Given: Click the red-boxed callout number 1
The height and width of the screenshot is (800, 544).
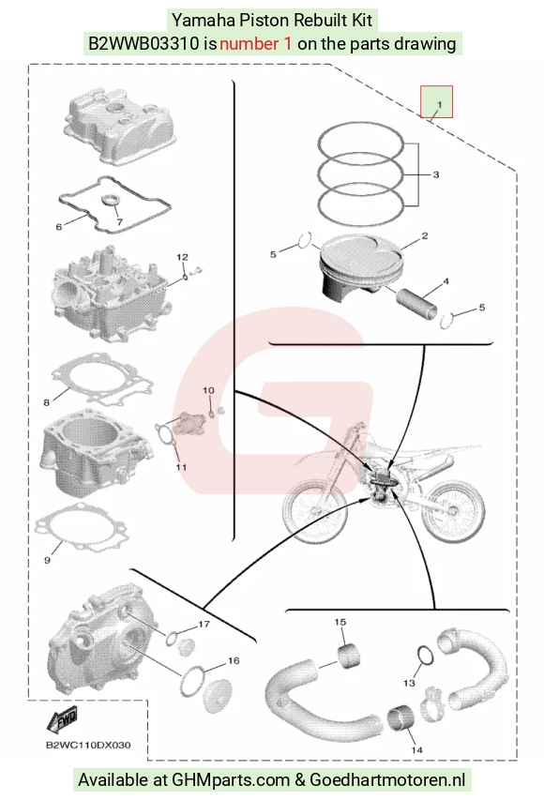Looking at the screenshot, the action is tap(439, 105).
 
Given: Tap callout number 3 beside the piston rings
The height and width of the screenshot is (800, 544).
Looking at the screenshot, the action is tap(436, 174).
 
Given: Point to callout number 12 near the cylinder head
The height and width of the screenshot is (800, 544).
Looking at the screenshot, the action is tap(182, 257).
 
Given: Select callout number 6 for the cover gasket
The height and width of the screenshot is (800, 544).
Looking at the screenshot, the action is tap(59, 227).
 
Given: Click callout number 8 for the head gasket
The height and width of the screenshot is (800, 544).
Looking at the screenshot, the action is tap(47, 402).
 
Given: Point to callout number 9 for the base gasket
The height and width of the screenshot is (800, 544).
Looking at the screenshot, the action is tap(48, 560).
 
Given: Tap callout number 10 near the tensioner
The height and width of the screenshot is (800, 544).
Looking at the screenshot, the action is tap(208, 391).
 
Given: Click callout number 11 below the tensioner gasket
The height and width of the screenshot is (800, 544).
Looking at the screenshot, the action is tap(181, 467).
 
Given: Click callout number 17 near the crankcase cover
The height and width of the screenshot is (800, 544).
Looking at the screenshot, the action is tap(204, 624).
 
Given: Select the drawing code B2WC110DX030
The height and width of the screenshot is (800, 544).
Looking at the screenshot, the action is tap(88, 745).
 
